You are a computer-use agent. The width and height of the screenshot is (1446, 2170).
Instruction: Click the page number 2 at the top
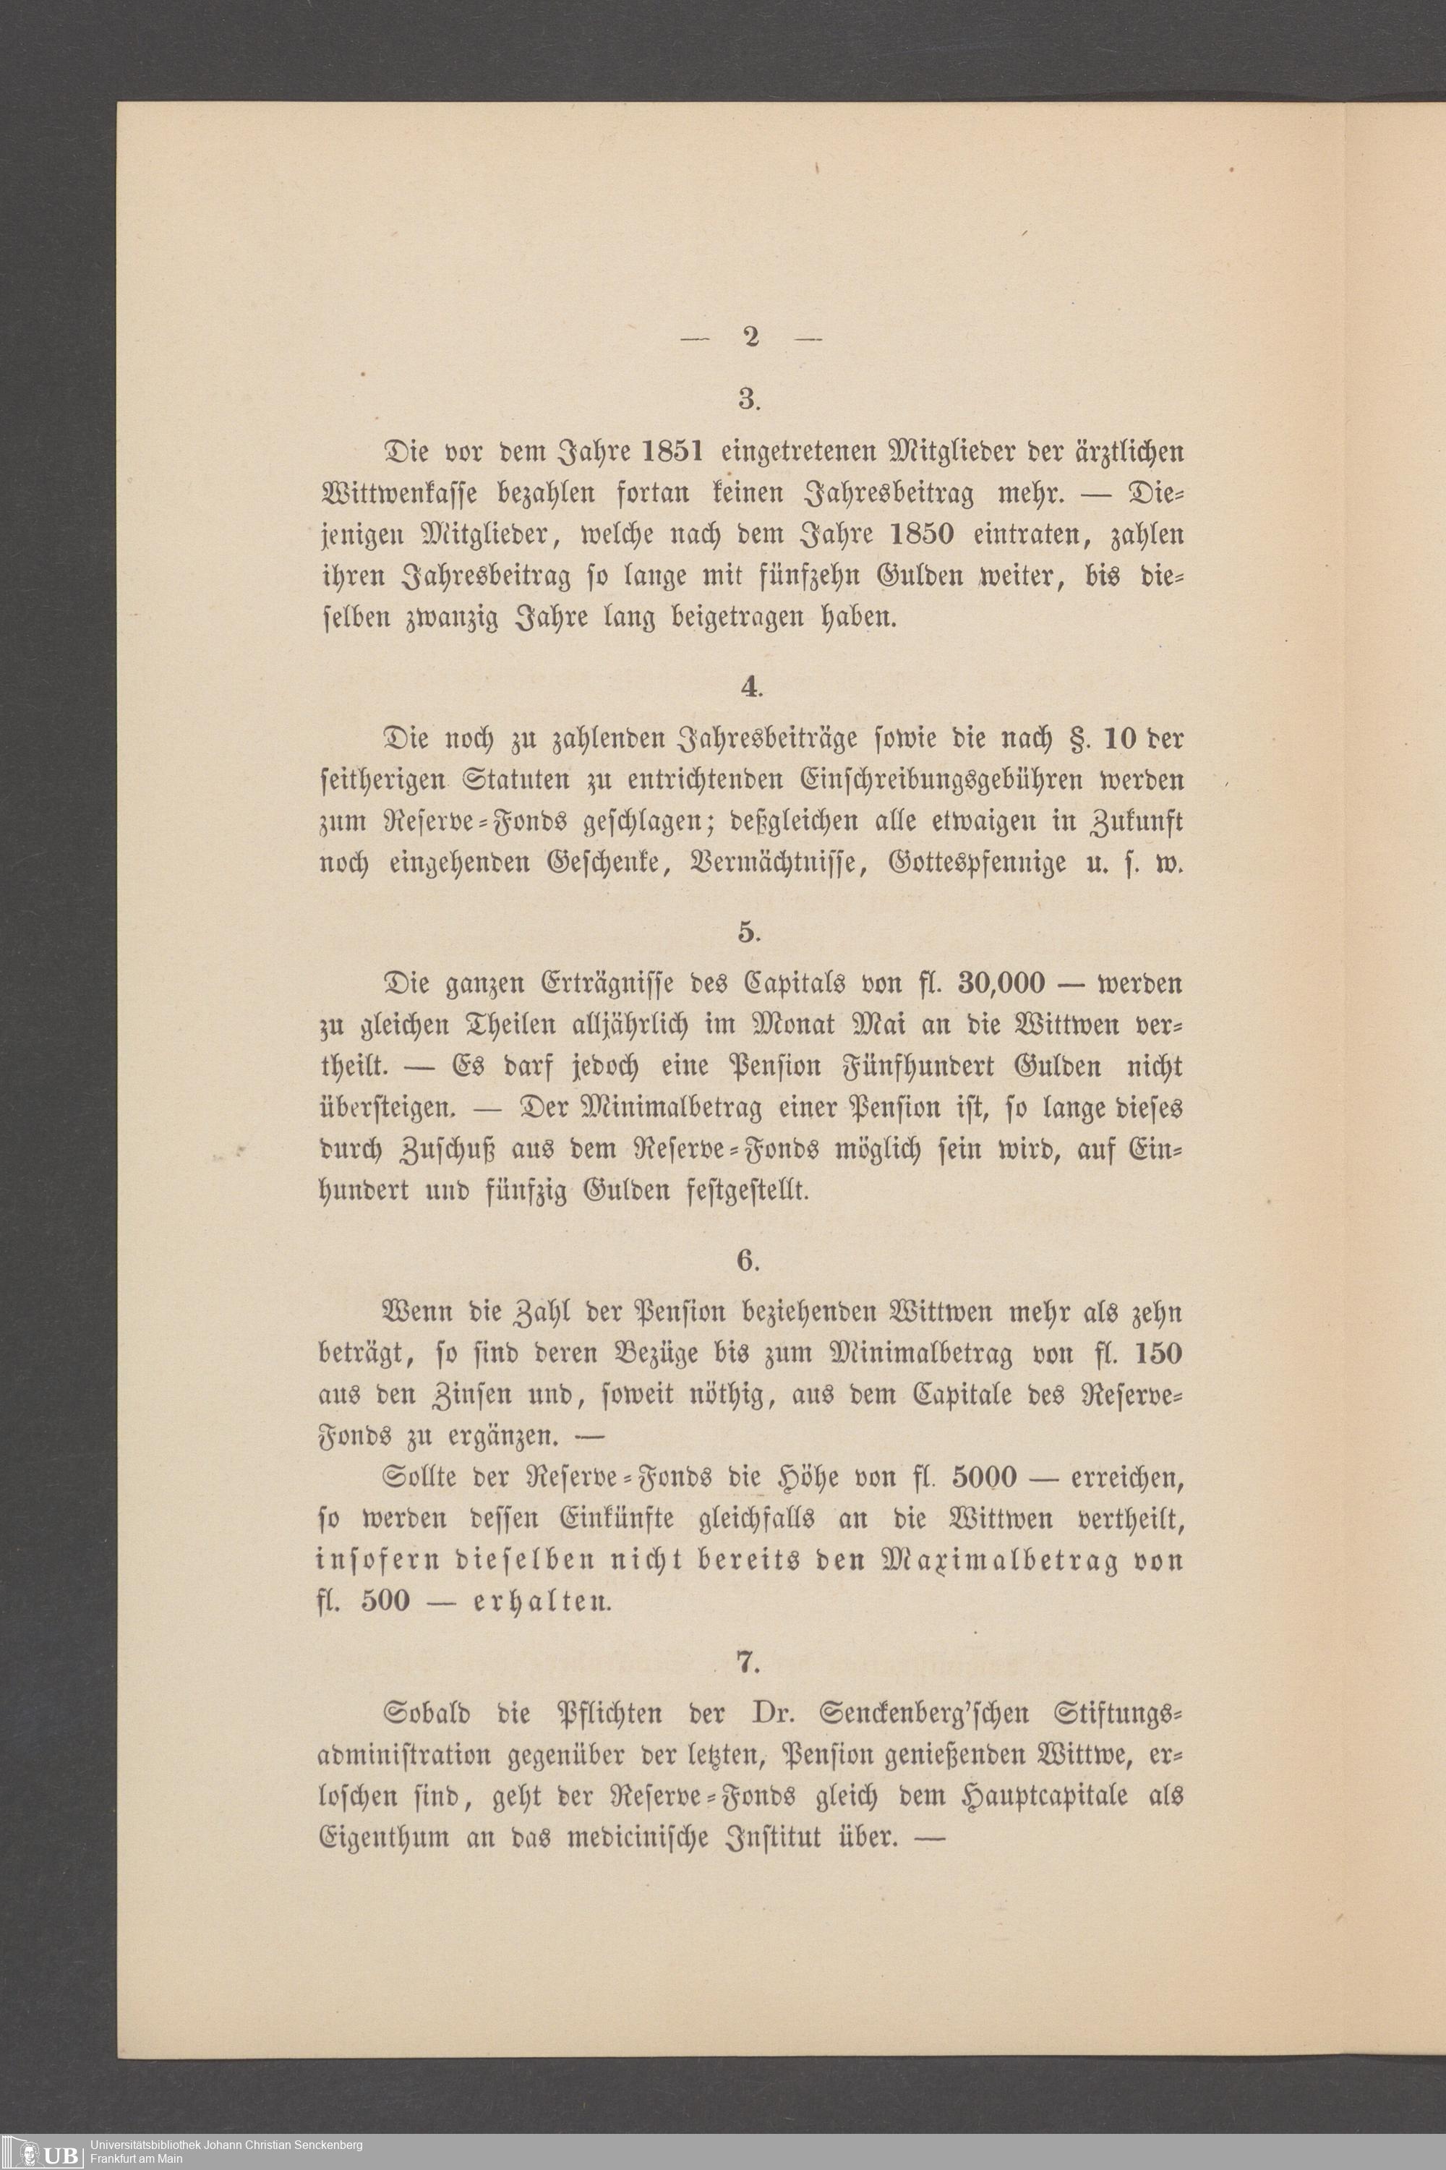click(749, 338)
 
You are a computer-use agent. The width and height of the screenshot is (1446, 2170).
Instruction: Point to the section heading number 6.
click(747, 1260)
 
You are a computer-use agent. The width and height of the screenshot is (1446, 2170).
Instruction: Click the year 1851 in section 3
click(662, 453)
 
